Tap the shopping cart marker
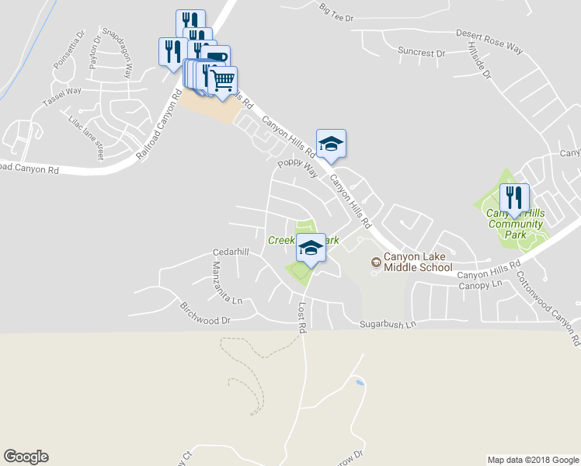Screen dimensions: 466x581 click(x=223, y=80)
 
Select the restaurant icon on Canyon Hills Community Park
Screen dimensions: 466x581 click(x=514, y=199)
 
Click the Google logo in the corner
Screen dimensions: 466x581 click(x=26, y=457)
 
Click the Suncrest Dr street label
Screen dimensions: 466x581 click(x=421, y=53)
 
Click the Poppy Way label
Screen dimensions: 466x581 click(x=298, y=167)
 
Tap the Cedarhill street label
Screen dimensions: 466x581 click(x=231, y=253)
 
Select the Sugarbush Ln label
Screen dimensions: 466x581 click(x=388, y=323)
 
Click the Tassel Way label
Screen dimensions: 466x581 click(x=62, y=96)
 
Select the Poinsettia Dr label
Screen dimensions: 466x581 click(x=68, y=51)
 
